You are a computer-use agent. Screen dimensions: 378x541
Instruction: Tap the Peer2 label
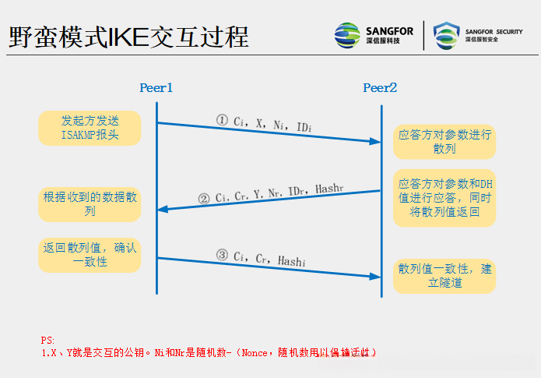(380, 88)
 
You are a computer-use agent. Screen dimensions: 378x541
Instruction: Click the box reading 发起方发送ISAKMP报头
(90, 128)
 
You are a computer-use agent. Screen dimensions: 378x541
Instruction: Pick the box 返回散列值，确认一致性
(90, 255)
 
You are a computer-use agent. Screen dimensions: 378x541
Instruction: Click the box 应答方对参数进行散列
(444, 142)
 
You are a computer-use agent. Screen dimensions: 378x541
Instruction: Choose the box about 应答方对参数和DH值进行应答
(444, 198)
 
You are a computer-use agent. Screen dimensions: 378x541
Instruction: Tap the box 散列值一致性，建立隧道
(444, 276)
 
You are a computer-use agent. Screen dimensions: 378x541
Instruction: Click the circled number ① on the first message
(222, 121)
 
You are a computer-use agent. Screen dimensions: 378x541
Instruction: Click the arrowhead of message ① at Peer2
(374, 141)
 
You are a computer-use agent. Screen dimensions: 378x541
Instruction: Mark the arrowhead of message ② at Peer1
(163, 209)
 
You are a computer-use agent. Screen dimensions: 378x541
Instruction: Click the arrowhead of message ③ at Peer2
(374, 276)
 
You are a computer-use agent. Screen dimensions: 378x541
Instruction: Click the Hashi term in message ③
(292, 263)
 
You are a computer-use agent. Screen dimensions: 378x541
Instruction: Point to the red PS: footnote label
(48, 341)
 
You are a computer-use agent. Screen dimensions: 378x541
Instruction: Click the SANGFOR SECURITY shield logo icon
(447, 35)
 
